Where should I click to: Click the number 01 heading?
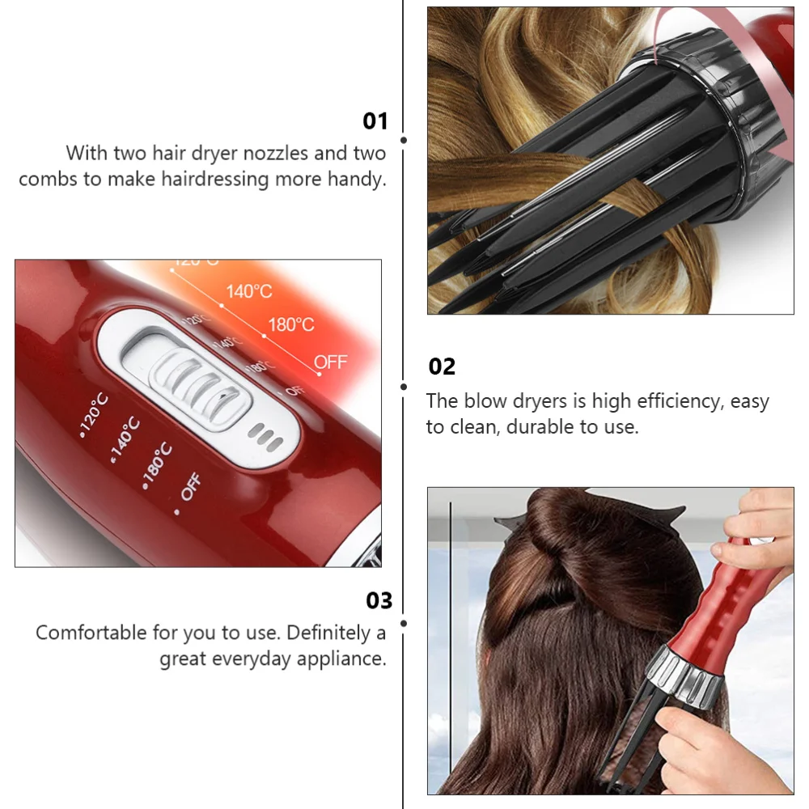375,121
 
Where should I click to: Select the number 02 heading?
442,366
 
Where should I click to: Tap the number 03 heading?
379,600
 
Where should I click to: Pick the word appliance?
342,659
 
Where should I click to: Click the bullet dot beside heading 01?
404,140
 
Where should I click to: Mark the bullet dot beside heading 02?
404,388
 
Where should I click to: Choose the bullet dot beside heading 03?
404,623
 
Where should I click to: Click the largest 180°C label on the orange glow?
290,324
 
